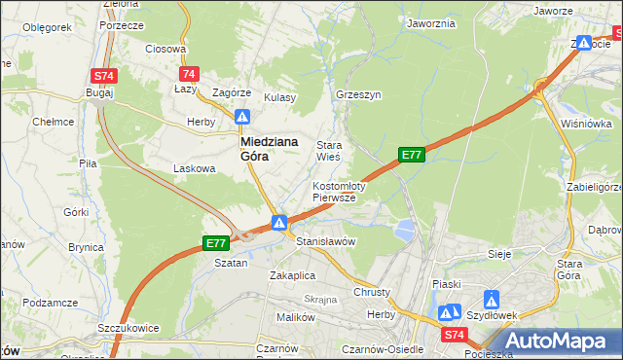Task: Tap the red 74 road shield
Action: pyautogui.click(x=190, y=74)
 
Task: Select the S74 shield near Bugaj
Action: pyautogui.click(x=104, y=75)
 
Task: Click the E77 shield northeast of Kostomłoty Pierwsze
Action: pyautogui.click(x=412, y=154)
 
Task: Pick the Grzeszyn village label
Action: pyautogui.click(x=357, y=96)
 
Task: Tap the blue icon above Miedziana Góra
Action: pyautogui.click(x=242, y=117)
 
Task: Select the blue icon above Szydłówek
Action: pyautogui.click(x=492, y=300)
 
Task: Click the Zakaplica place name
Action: pyautogui.click(x=293, y=275)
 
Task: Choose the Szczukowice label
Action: pyautogui.click(x=128, y=329)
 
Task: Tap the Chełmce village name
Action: pyautogui.click(x=54, y=122)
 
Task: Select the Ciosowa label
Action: pyautogui.click(x=165, y=48)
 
